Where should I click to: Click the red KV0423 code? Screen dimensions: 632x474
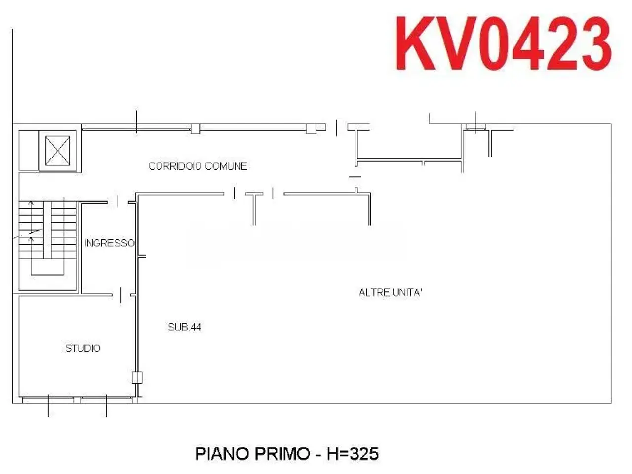point(503,43)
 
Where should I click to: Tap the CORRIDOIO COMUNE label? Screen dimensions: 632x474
point(198,166)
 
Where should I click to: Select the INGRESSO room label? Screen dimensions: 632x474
point(110,243)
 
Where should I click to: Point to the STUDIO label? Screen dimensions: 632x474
point(82,348)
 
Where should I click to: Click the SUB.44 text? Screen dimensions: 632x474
point(185,327)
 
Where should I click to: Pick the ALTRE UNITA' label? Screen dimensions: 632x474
point(391,293)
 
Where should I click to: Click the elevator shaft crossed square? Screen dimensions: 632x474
point(58,151)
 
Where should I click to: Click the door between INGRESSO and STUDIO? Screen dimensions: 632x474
point(121,295)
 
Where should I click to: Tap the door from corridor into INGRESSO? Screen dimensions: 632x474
point(118,202)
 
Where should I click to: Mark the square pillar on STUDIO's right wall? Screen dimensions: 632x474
point(137,378)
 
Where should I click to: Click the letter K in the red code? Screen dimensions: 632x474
point(417,43)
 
